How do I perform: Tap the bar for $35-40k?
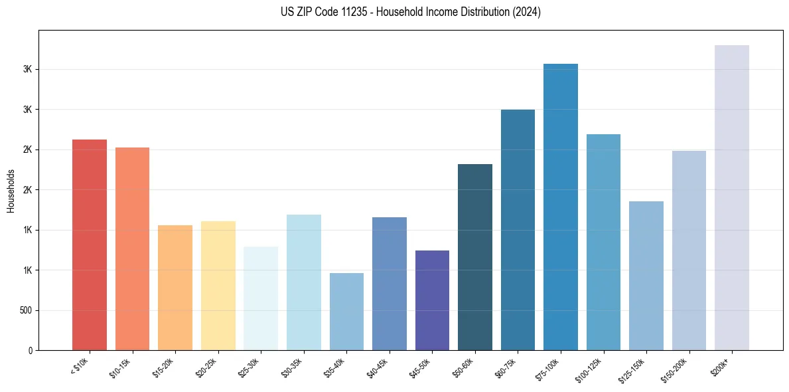(x=346, y=312)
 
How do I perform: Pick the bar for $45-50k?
(x=432, y=300)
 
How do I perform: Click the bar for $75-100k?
(x=561, y=207)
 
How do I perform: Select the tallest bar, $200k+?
(x=732, y=197)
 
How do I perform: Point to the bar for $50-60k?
(x=475, y=257)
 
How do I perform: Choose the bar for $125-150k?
(x=646, y=276)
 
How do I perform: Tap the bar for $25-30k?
(x=261, y=298)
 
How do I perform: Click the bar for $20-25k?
(x=218, y=286)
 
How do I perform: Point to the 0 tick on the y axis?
(x=31, y=350)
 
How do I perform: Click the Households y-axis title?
(x=11, y=190)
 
